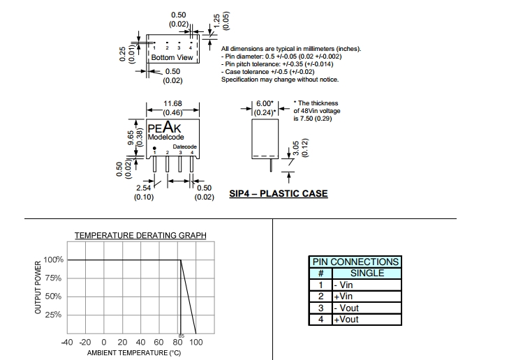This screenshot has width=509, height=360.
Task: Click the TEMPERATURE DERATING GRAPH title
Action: click(140, 235)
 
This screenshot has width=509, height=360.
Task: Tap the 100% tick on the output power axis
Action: click(54, 260)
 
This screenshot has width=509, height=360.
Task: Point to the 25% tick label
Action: click(54, 315)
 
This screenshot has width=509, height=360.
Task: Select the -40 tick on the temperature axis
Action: click(67, 343)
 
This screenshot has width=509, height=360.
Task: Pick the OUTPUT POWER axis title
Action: click(38, 287)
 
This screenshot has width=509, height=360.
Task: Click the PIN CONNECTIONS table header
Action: click(355, 262)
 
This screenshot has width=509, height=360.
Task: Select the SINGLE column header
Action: click(367, 273)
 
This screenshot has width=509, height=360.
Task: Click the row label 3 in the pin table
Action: click(320, 308)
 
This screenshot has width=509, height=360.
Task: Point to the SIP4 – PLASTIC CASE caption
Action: click(278, 193)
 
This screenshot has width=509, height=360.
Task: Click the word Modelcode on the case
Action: click(165, 137)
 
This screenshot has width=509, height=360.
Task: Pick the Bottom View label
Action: click(172, 57)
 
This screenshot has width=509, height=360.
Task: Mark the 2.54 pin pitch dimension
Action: click(143, 188)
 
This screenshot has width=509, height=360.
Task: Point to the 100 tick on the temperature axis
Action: click(196, 343)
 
